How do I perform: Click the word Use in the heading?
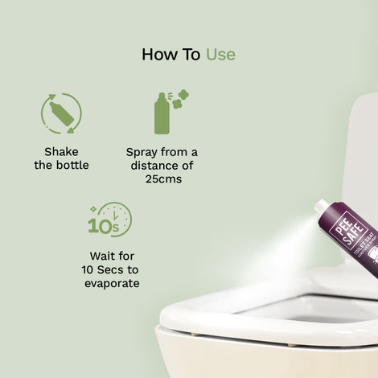tap(220, 55)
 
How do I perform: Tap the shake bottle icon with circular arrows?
tap(61, 113)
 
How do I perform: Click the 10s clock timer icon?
tap(109, 220)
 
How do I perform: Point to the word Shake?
tap(62, 151)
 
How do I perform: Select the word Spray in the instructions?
tap(143, 151)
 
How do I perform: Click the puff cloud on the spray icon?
tap(182, 99)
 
